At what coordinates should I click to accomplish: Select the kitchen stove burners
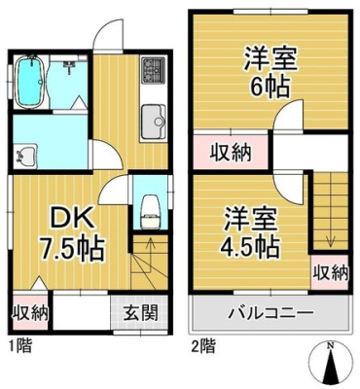[154, 70]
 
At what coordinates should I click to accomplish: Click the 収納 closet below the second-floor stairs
[330, 272]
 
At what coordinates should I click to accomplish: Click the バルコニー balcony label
[270, 314]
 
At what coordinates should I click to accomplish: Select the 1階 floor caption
[18, 345]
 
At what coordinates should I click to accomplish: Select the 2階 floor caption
[201, 345]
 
